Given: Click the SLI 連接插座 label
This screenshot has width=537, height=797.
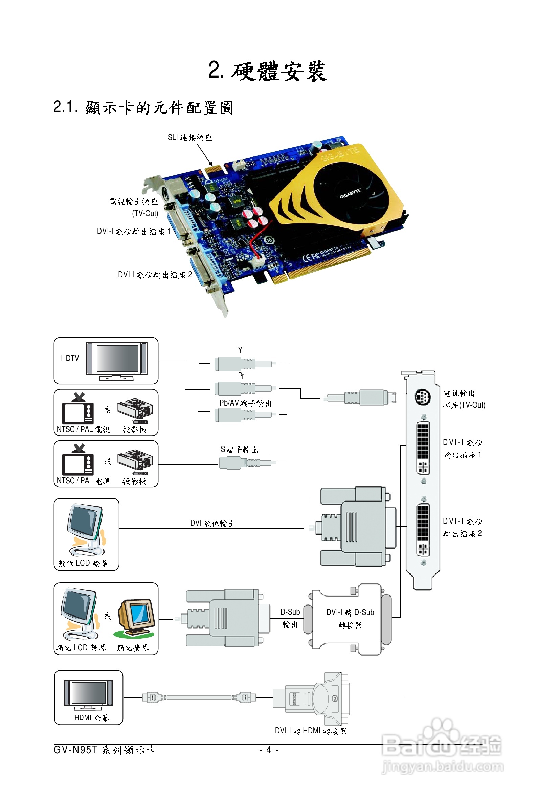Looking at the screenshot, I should click(190, 138).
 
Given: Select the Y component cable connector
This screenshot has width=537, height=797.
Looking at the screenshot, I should click(243, 364).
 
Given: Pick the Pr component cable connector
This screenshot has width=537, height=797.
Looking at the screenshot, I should click(243, 389).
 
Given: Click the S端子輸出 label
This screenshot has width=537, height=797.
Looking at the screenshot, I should click(239, 450).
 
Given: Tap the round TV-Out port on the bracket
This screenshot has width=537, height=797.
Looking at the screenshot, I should click(422, 397).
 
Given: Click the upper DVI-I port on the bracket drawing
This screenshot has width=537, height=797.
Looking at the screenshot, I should click(423, 448).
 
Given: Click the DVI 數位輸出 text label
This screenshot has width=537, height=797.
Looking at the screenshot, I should click(213, 523).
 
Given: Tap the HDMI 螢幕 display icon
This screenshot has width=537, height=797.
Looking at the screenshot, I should click(88, 695).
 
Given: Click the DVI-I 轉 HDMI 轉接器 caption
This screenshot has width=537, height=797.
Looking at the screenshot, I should click(311, 731).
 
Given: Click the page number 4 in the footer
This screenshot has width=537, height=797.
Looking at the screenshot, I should click(269, 750).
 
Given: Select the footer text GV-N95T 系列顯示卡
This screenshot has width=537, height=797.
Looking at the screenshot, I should click(105, 750).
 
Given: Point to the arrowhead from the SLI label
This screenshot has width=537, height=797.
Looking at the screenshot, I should click(211, 164).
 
